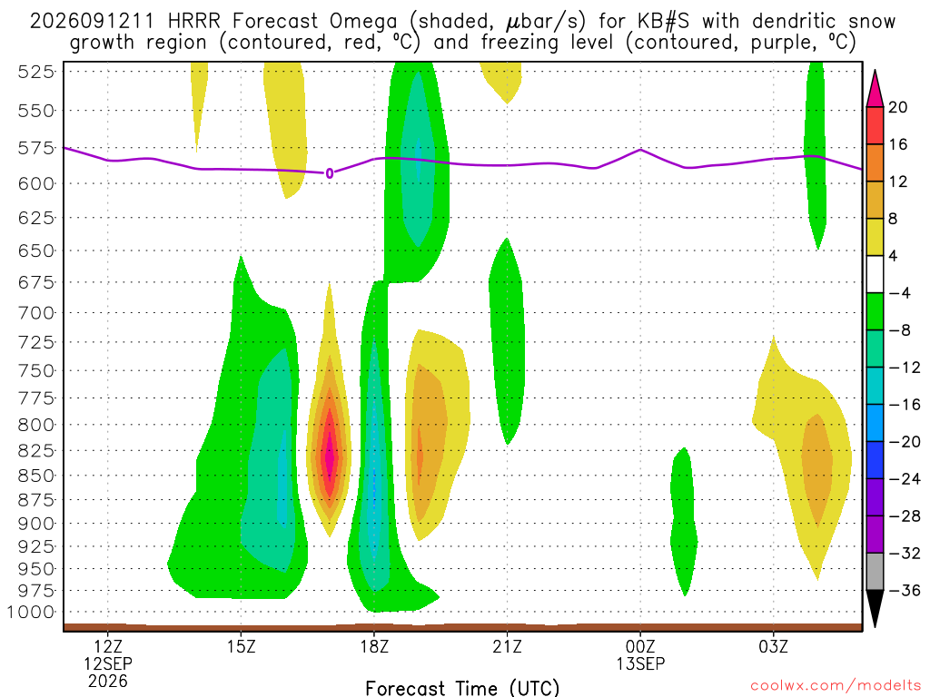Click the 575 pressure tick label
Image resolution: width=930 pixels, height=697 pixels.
point(35,148)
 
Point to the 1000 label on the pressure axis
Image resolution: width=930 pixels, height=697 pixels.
point(30,613)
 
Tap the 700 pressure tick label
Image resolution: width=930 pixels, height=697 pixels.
point(35,312)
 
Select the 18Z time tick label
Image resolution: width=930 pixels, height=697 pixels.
point(374,646)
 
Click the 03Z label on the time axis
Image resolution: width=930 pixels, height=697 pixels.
point(774,646)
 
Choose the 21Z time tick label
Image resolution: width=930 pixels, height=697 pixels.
point(507,646)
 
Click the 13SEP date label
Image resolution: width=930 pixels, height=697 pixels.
point(640,663)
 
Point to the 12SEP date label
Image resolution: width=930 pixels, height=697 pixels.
point(108,663)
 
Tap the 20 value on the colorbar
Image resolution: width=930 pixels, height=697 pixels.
point(898,107)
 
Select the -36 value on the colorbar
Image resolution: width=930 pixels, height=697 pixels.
point(905,590)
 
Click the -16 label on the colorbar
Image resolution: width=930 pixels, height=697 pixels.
point(905,405)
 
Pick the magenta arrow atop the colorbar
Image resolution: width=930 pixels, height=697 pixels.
point(875,88)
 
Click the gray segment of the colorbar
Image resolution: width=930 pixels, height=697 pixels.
point(875,572)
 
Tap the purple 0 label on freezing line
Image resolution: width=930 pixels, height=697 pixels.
point(330,173)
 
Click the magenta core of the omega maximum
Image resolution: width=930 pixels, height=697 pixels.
point(330,456)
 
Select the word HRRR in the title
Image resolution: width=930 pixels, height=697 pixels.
point(194,22)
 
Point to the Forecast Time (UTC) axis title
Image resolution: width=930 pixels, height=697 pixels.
point(462,688)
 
